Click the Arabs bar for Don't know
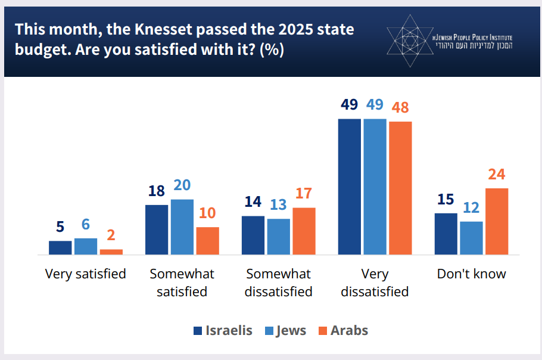click(x=497, y=222)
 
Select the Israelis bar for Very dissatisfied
click(x=350, y=187)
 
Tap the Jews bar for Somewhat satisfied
click(x=182, y=227)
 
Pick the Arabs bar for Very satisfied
click(x=111, y=252)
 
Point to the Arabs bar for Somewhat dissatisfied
click(x=304, y=231)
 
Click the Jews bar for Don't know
click(x=472, y=238)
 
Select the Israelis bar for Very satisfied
click(x=60, y=248)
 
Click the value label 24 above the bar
click(x=497, y=175)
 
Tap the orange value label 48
click(x=400, y=108)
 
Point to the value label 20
click(x=182, y=186)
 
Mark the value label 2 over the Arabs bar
click(x=111, y=236)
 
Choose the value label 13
click(x=279, y=205)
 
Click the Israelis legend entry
click(x=223, y=330)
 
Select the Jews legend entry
click(x=285, y=330)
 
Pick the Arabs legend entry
click(x=342, y=330)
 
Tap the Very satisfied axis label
click(x=86, y=274)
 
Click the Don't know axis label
click(x=472, y=274)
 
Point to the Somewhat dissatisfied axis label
click(x=279, y=283)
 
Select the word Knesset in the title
click(x=135, y=29)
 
